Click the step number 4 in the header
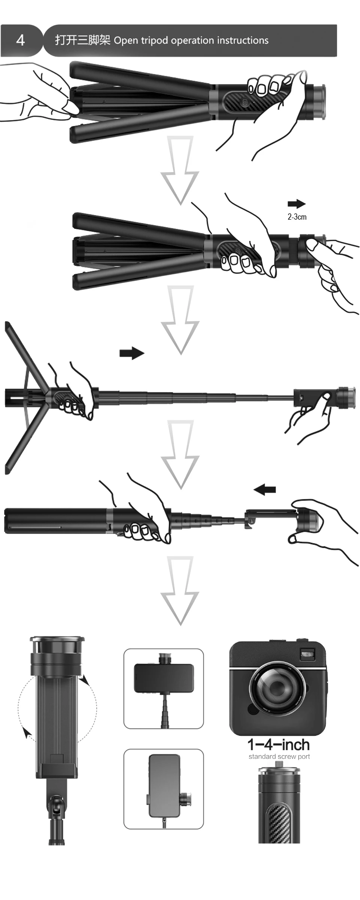coord(21,40)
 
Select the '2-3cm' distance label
coord(297,217)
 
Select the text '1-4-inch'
coord(279,744)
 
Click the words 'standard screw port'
coord(279,756)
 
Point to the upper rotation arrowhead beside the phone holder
coord(86,679)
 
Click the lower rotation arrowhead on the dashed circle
coord(26,731)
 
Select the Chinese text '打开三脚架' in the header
coord(82,40)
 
